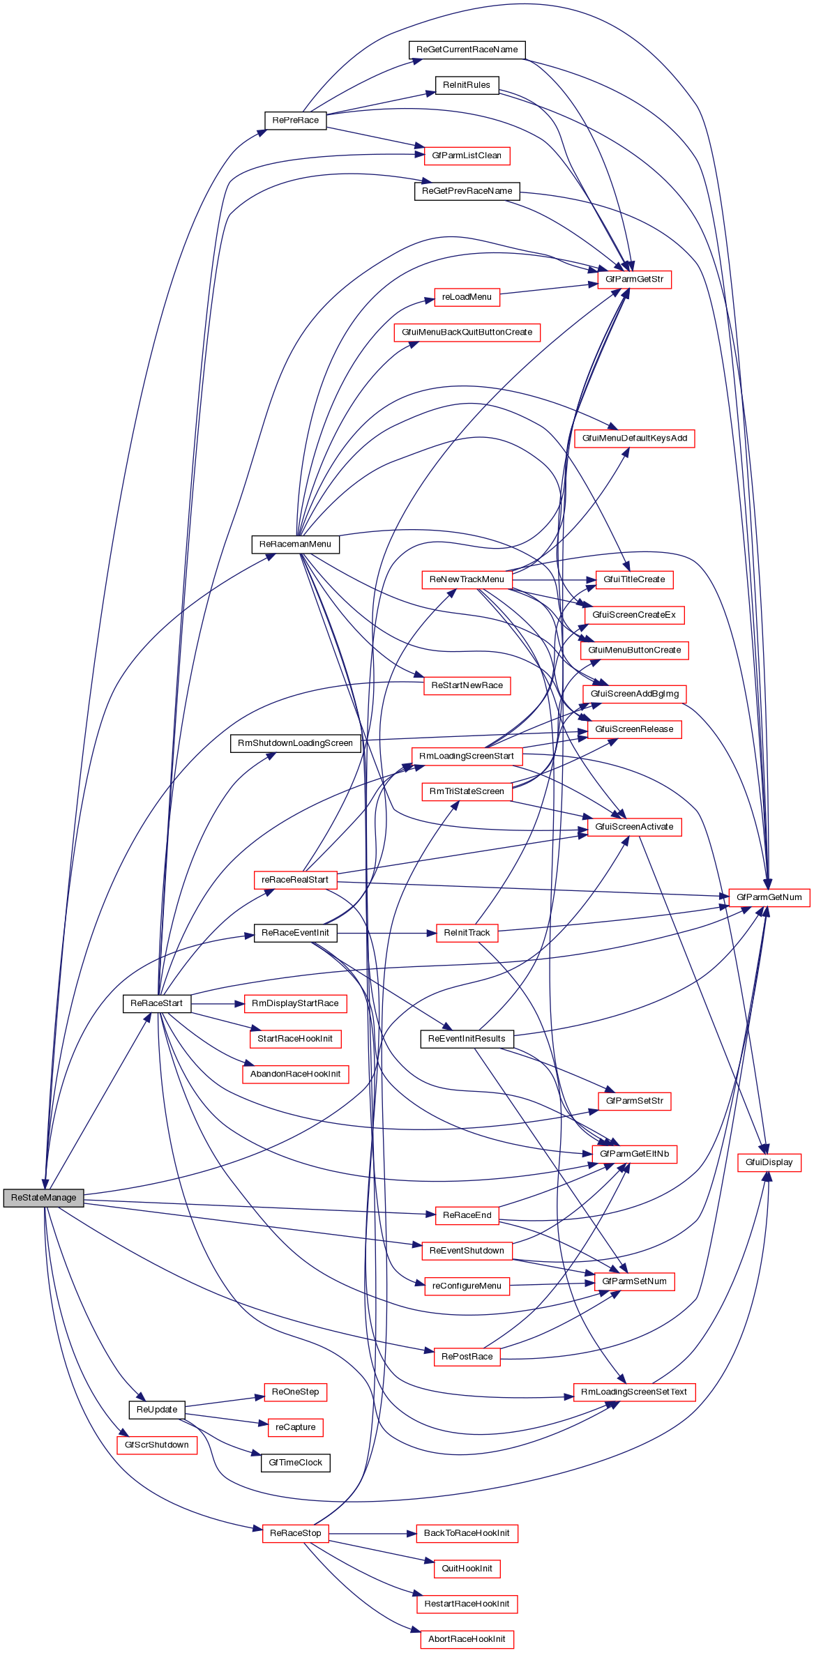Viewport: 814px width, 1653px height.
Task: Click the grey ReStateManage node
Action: tap(43, 1198)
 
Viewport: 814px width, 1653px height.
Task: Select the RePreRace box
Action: tap(295, 120)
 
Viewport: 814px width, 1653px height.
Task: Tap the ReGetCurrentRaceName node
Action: tap(467, 49)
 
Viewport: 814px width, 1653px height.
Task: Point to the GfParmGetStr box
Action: tap(634, 279)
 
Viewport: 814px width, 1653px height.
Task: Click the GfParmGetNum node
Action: tap(769, 897)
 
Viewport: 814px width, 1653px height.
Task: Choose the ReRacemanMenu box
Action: tap(295, 544)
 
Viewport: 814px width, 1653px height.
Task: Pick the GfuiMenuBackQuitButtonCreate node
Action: tap(467, 332)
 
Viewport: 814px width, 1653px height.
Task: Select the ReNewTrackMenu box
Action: tap(467, 579)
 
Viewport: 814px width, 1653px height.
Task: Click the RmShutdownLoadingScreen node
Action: tap(295, 743)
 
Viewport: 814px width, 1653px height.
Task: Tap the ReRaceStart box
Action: tap(156, 1003)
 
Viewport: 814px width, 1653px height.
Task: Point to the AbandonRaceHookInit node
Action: tap(295, 1074)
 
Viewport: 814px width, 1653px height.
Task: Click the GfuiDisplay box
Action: tap(769, 1162)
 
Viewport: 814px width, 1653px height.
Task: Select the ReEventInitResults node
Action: tap(467, 1039)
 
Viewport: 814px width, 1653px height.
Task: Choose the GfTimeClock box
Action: tap(295, 1462)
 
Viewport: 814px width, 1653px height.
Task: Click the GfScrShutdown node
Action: tap(156, 1445)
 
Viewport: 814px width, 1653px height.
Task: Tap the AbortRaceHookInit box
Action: tap(467, 1638)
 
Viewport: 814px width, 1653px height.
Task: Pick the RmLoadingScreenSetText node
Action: tap(634, 1392)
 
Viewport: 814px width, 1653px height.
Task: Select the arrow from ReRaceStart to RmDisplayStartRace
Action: tap(217, 1003)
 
